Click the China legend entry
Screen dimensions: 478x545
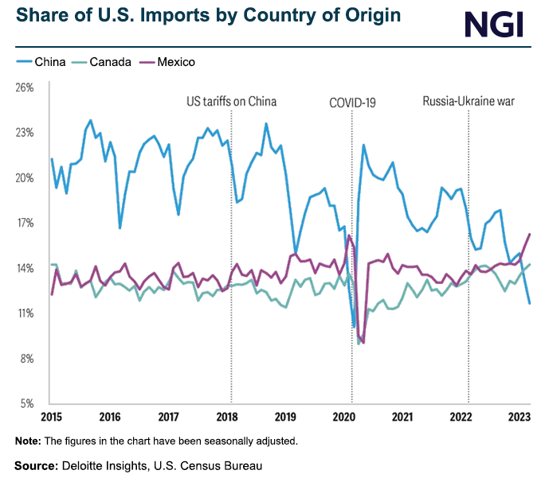[x=41, y=62]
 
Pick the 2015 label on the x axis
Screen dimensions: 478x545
[x=51, y=417]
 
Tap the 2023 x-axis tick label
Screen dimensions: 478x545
[x=519, y=417]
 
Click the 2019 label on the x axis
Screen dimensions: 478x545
[x=285, y=417]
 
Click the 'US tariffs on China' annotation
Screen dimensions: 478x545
[x=231, y=102]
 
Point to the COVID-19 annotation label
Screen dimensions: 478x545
[x=352, y=102]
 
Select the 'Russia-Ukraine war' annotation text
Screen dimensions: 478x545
[x=469, y=102]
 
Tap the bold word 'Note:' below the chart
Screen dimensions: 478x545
[x=28, y=441]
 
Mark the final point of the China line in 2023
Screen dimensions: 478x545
[x=530, y=303]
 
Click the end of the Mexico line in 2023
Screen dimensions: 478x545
[x=530, y=234]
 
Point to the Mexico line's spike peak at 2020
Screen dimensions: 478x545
[x=349, y=235]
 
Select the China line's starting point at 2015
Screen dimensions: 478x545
[x=52, y=159]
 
